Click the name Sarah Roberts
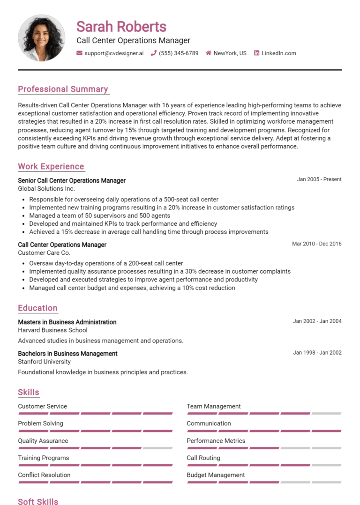[x=121, y=26]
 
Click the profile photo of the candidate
[x=41, y=38]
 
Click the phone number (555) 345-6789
[x=178, y=53]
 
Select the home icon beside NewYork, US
[x=209, y=53]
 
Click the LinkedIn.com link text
[x=278, y=53]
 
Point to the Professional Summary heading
[x=63, y=89]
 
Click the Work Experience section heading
[x=51, y=166]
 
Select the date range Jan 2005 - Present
[x=319, y=179]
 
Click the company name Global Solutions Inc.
[x=46, y=189]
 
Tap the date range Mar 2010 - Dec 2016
[x=317, y=244]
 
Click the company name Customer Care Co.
[x=44, y=253]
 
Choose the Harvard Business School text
[x=52, y=330]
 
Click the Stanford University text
[x=45, y=362]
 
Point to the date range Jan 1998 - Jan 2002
[x=317, y=353]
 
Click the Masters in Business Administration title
[x=67, y=322]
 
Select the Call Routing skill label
[x=203, y=458]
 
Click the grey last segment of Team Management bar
[x=326, y=414]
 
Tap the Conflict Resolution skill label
[x=44, y=475]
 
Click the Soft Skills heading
[x=38, y=502]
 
